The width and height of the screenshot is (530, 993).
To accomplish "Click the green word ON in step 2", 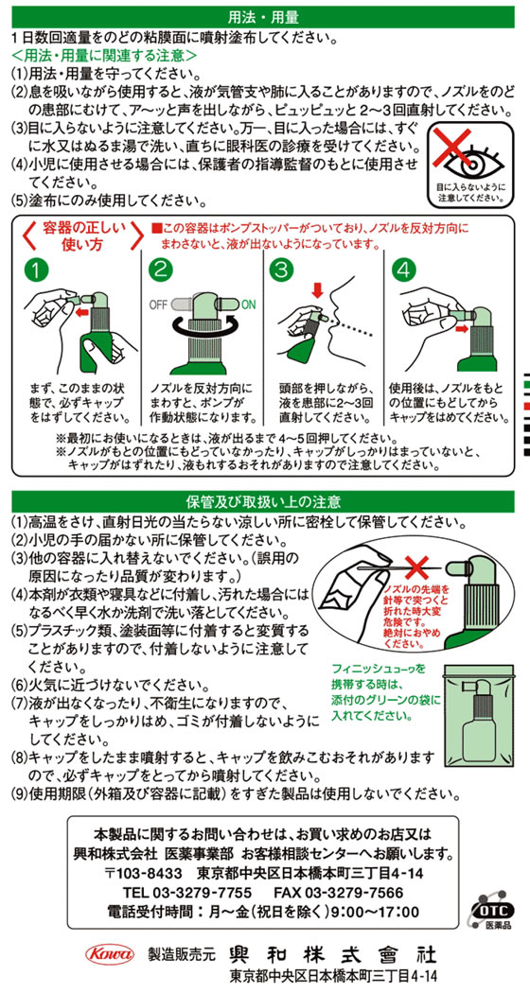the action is click(249, 304).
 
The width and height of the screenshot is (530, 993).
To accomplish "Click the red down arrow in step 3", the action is click(318, 290).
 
